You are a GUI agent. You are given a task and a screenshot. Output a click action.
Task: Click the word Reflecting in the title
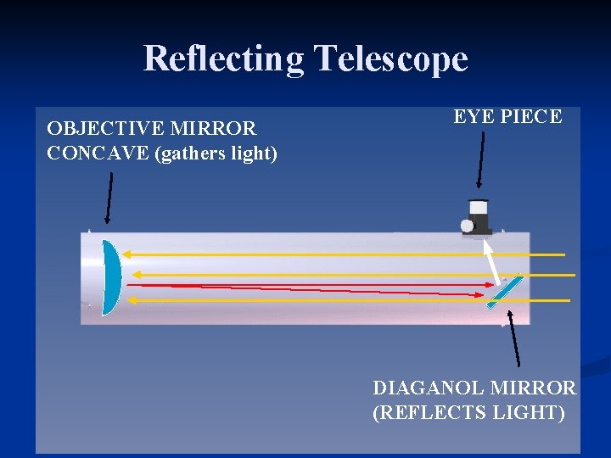(x=222, y=59)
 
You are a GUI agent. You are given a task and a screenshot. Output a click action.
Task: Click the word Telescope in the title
(x=391, y=59)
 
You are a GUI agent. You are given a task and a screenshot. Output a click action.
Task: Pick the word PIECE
(x=530, y=117)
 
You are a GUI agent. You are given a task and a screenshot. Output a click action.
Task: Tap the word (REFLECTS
(x=425, y=413)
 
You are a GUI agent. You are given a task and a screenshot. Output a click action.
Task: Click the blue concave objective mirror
(x=111, y=277)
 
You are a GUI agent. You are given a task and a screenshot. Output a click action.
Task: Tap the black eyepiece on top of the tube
(x=479, y=217)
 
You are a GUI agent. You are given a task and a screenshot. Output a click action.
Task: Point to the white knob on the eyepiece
(x=466, y=226)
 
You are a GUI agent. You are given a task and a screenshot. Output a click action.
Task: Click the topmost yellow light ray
(x=339, y=254)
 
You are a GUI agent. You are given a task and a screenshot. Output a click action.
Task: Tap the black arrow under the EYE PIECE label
(x=480, y=159)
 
